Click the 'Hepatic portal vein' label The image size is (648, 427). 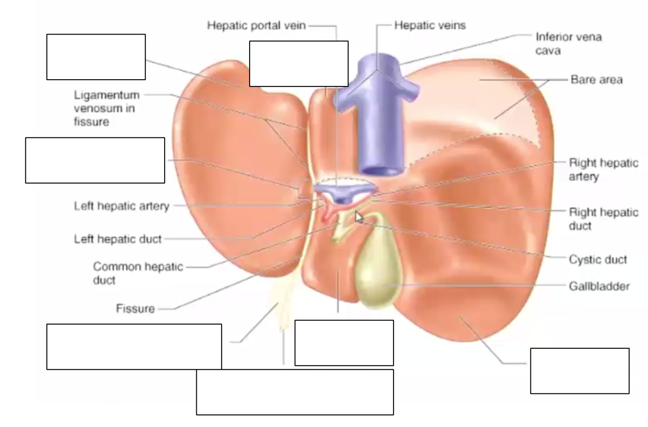coord(256,25)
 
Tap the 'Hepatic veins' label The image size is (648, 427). coord(430,25)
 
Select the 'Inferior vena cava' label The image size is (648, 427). coord(568,43)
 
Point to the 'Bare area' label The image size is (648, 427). coord(596,80)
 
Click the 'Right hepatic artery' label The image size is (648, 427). coord(603,170)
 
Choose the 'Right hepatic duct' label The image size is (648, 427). coord(603,219)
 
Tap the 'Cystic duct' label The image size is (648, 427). coord(597,259)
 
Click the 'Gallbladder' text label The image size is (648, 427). coord(599,286)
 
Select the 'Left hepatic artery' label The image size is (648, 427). coord(121,206)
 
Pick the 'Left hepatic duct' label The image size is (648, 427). coord(118,239)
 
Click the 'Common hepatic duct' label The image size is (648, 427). coord(138,273)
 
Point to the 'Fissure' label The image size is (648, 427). coord(136,308)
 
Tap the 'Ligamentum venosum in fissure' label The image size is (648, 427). coord(106,108)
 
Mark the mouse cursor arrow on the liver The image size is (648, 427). coord(358,217)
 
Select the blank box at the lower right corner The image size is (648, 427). coord(580,371)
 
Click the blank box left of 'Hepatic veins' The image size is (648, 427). coord(299,64)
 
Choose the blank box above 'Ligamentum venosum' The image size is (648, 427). coord(96,57)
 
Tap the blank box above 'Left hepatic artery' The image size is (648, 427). coord(95,160)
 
